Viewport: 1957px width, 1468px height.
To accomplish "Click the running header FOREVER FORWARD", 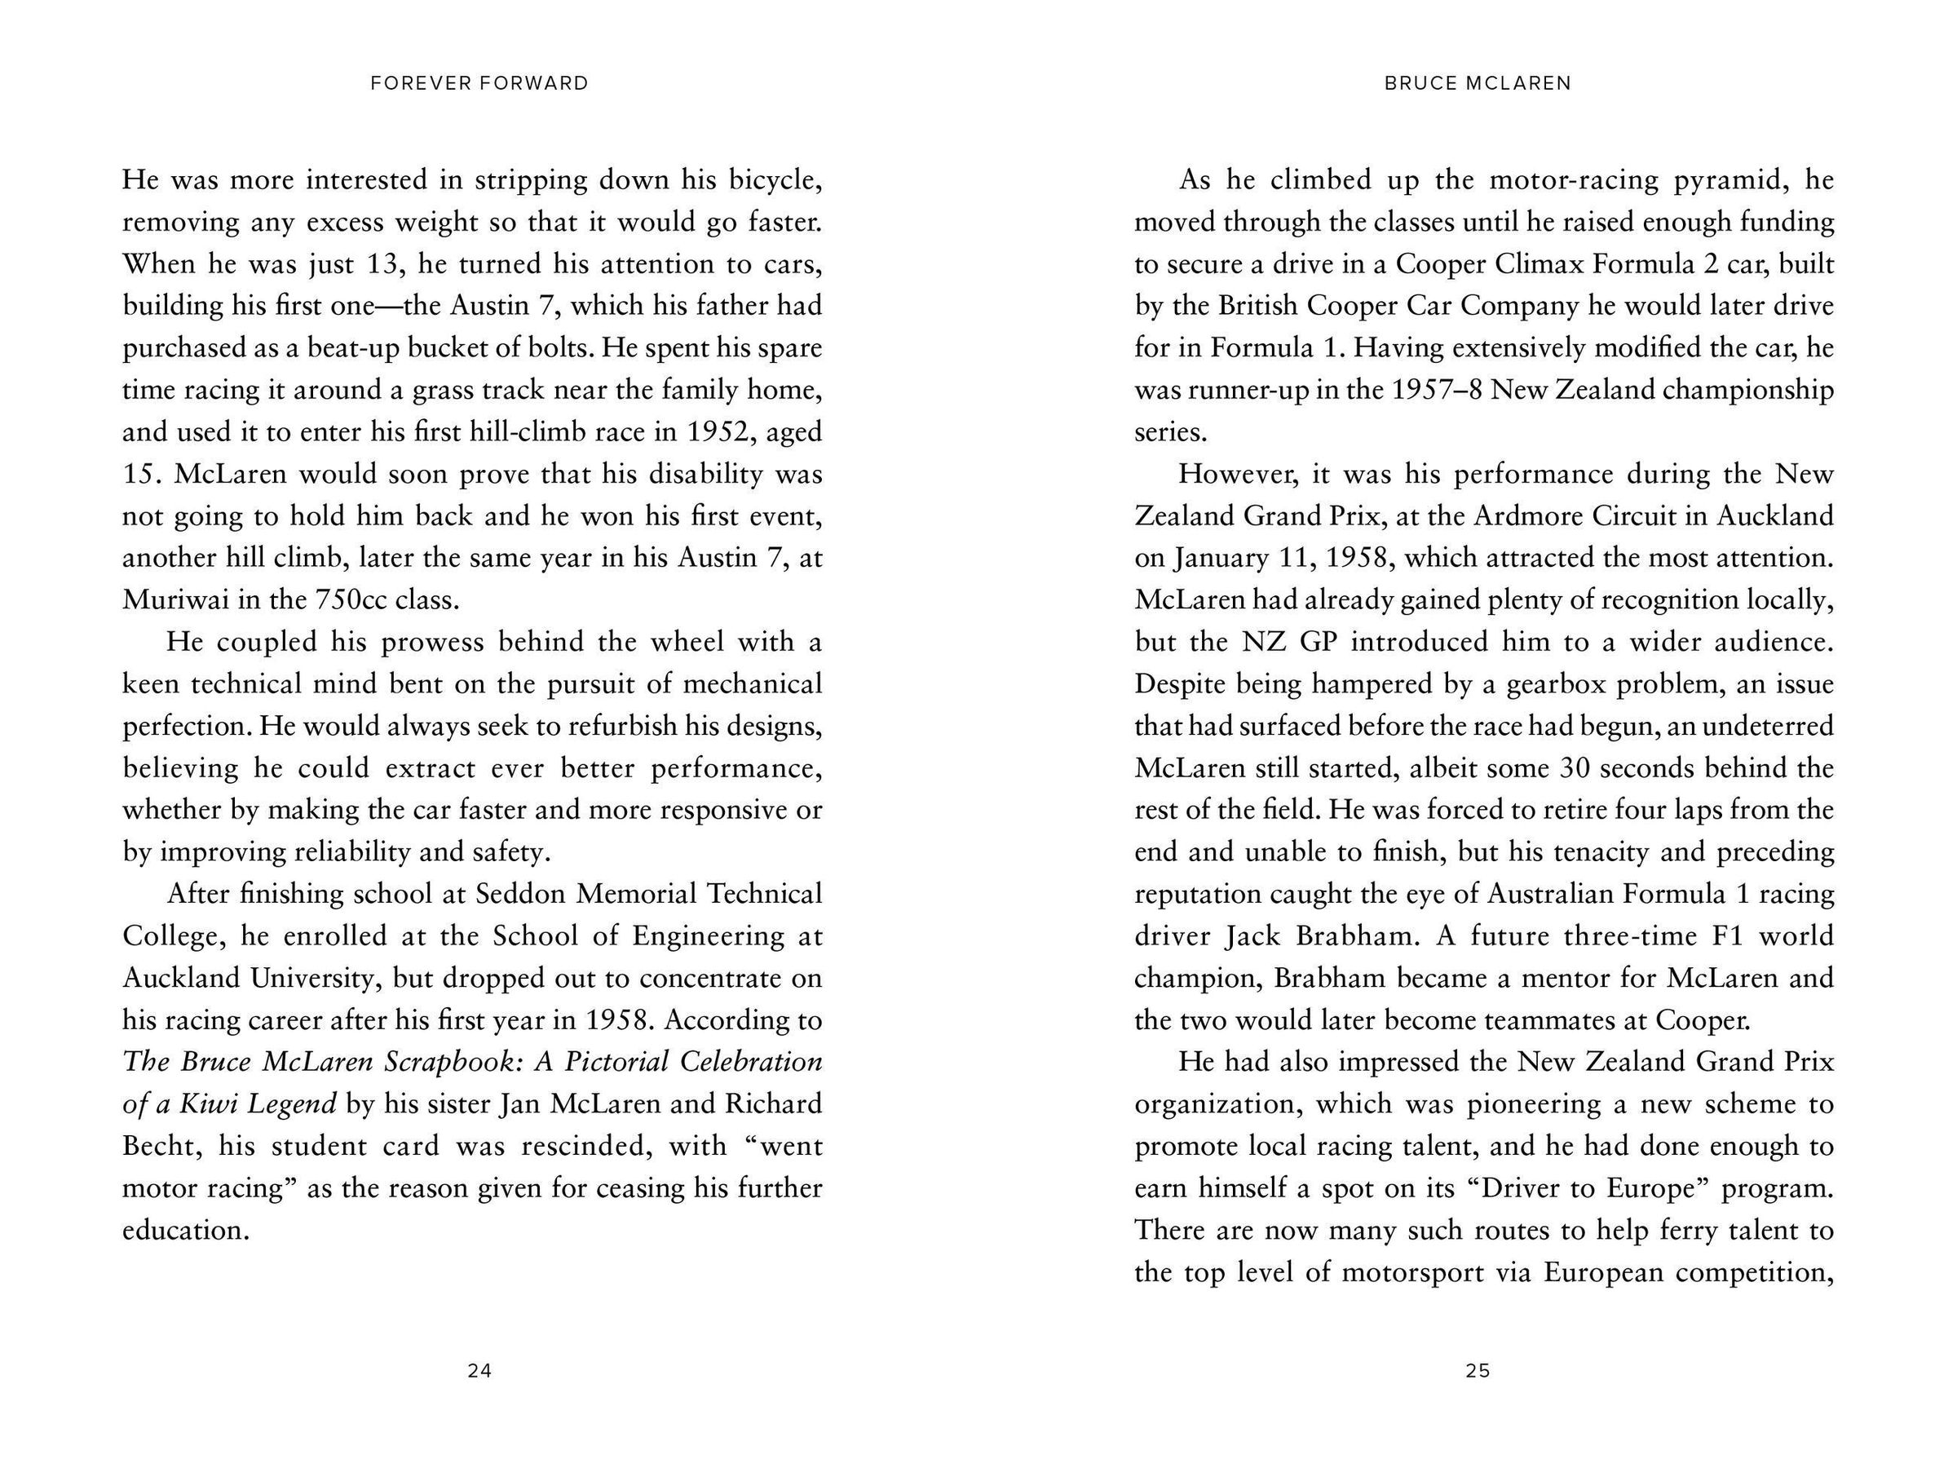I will point(479,83).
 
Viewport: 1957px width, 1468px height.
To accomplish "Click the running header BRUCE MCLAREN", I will point(1478,83).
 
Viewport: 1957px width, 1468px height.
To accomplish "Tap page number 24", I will point(479,1371).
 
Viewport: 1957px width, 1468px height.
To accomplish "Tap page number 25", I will point(1478,1371).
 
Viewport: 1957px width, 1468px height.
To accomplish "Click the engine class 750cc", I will point(351,600).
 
